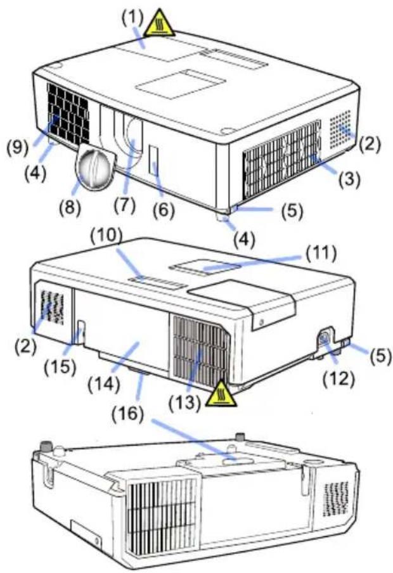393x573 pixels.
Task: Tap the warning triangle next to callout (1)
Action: (159, 24)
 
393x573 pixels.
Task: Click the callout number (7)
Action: (124, 207)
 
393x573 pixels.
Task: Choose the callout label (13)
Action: (186, 402)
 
